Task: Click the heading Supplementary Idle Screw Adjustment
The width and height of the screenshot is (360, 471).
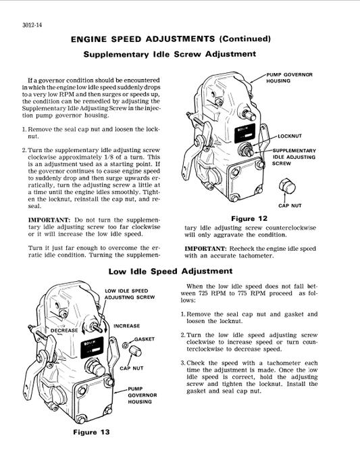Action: pyautogui.click(x=169, y=54)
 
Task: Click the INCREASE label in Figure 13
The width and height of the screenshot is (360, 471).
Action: pyautogui.click(x=126, y=326)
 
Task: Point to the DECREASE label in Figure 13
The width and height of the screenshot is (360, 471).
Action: pyautogui.click(x=66, y=330)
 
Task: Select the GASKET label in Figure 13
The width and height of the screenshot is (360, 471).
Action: pyautogui.click(x=145, y=339)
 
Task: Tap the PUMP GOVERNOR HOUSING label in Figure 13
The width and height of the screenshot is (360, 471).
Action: pyautogui.click(x=142, y=395)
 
